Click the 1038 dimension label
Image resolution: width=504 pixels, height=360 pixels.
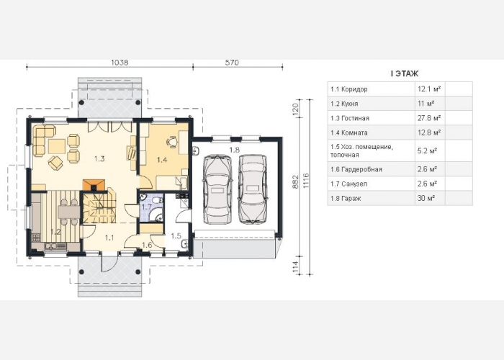tap(120, 63)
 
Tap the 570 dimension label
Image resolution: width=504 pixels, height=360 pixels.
tap(232, 63)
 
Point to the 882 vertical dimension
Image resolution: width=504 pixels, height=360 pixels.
tap(296, 182)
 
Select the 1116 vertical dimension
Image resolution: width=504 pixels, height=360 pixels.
tap(306, 180)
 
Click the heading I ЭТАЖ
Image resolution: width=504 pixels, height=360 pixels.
tap(405, 73)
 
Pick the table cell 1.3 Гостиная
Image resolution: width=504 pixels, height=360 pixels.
tap(350, 118)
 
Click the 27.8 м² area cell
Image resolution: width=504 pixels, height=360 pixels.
tap(429, 118)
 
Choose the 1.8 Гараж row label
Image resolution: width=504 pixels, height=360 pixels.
tap(346, 198)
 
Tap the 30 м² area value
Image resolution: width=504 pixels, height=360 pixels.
tap(426, 198)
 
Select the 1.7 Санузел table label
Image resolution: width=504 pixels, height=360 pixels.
tap(348, 184)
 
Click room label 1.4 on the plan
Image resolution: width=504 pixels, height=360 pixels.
tap(162, 159)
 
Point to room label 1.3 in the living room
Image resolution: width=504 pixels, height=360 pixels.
tap(99, 158)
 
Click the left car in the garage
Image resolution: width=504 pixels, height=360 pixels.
tap(217, 189)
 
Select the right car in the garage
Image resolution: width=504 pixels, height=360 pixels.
tap(253, 189)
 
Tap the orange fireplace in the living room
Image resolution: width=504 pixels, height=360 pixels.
tap(94, 185)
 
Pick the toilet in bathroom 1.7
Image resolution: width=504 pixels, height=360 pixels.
tap(156, 200)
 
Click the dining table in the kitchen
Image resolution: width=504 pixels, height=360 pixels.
tap(69, 212)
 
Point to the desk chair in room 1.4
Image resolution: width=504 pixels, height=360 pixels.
tap(172, 141)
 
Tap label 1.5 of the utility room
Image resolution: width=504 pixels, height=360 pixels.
tap(176, 236)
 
